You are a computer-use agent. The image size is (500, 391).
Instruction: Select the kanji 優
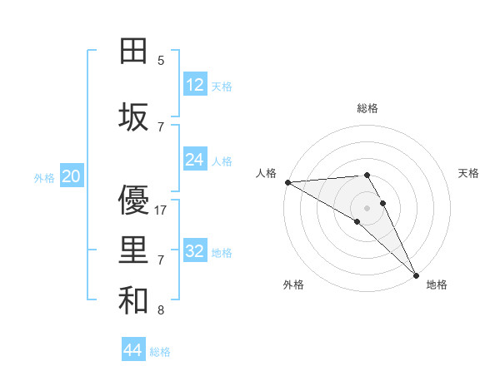point(133,200)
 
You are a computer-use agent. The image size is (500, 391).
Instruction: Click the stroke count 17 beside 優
point(162,210)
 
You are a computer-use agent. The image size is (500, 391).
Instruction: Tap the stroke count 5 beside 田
point(161,61)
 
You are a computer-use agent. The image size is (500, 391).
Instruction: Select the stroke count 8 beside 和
point(161,311)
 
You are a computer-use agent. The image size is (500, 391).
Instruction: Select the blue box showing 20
point(71,176)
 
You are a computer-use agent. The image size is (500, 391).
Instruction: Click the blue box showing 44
point(133,350)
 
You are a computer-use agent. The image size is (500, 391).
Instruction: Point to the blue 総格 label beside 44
point(160,352)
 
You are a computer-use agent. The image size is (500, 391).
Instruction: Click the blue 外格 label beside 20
point(44,177)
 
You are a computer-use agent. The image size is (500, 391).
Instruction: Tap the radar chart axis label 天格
point(468,173)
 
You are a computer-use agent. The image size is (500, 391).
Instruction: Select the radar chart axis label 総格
point(367,108)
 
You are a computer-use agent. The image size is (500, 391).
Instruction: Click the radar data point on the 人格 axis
point(287,182)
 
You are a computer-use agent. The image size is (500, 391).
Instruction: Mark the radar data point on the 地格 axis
point(415,275)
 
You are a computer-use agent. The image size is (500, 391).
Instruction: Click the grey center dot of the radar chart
point(367,208)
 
